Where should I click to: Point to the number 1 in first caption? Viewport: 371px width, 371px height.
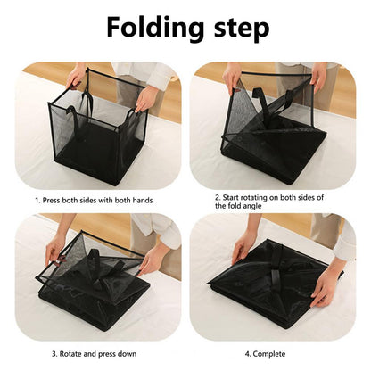click(x=37, y=200)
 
